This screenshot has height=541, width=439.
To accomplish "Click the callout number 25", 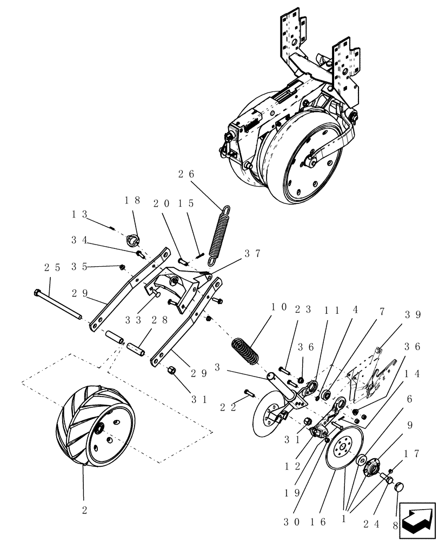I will click(51, 267).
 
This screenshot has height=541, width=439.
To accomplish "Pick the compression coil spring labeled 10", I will click(247, 353).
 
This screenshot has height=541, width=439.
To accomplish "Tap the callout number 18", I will click(133, 200).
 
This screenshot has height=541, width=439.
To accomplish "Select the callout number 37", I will click(252, 253).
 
